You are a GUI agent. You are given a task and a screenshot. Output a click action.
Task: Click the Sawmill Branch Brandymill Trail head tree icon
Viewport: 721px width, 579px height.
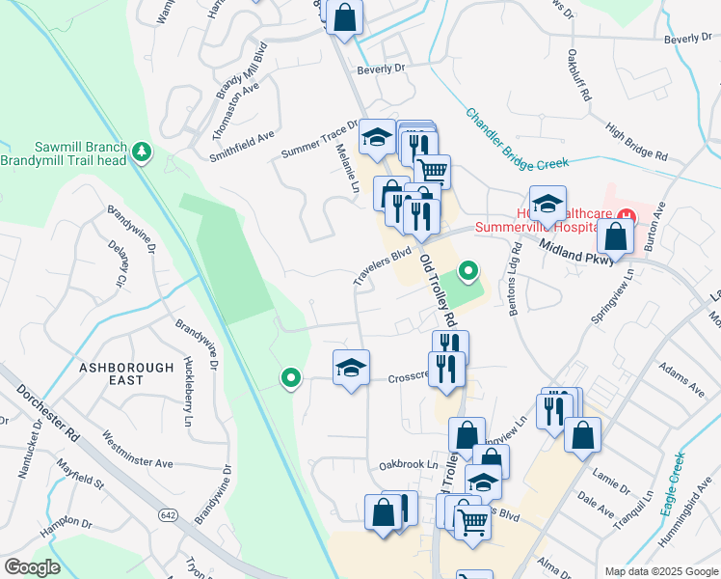pyautogui.click(x=143, y=151)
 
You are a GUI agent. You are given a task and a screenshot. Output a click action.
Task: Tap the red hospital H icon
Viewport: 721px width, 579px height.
pyautogui.click(x=627, y=213)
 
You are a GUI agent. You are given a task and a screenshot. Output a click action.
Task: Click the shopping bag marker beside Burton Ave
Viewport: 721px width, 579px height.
pyautogui.click(x=615, y=235)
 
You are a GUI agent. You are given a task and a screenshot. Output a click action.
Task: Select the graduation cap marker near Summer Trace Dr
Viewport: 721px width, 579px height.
pyautogui.click(x=377, y=139)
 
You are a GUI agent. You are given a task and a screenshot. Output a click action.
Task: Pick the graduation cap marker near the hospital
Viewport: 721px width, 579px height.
pyautogui.click(x=547, y=205)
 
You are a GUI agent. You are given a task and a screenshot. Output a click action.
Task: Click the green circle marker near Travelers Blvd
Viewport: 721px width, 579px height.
pyautogui.click(x=469, y=270)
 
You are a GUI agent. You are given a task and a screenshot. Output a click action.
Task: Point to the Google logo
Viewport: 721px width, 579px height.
pyautogui.click(x=32, y=567)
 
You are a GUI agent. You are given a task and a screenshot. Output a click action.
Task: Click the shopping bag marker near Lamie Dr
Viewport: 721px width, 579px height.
pyautogui.click(x=583, y=435)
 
